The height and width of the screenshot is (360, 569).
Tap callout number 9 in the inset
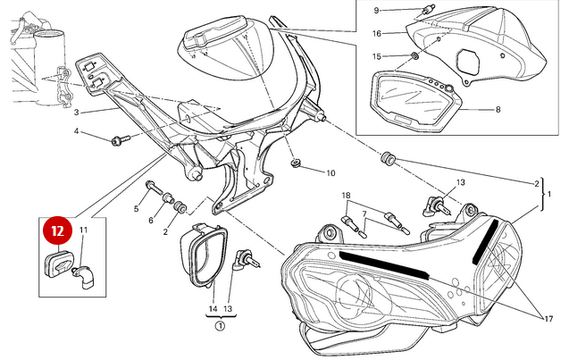click(x=376, y=11)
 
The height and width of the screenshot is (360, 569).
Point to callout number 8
click(x=497, y=111)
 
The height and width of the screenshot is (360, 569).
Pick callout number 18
click(x=346, y=195)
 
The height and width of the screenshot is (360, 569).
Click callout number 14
click(x=213, y=309)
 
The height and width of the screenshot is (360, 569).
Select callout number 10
click(x=330, y=173)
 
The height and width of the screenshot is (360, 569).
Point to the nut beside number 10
click(x=295, y=166)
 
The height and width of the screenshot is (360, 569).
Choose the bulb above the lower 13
click(x=241, y=260)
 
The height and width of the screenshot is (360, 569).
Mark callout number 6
click(x=151, y=220)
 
